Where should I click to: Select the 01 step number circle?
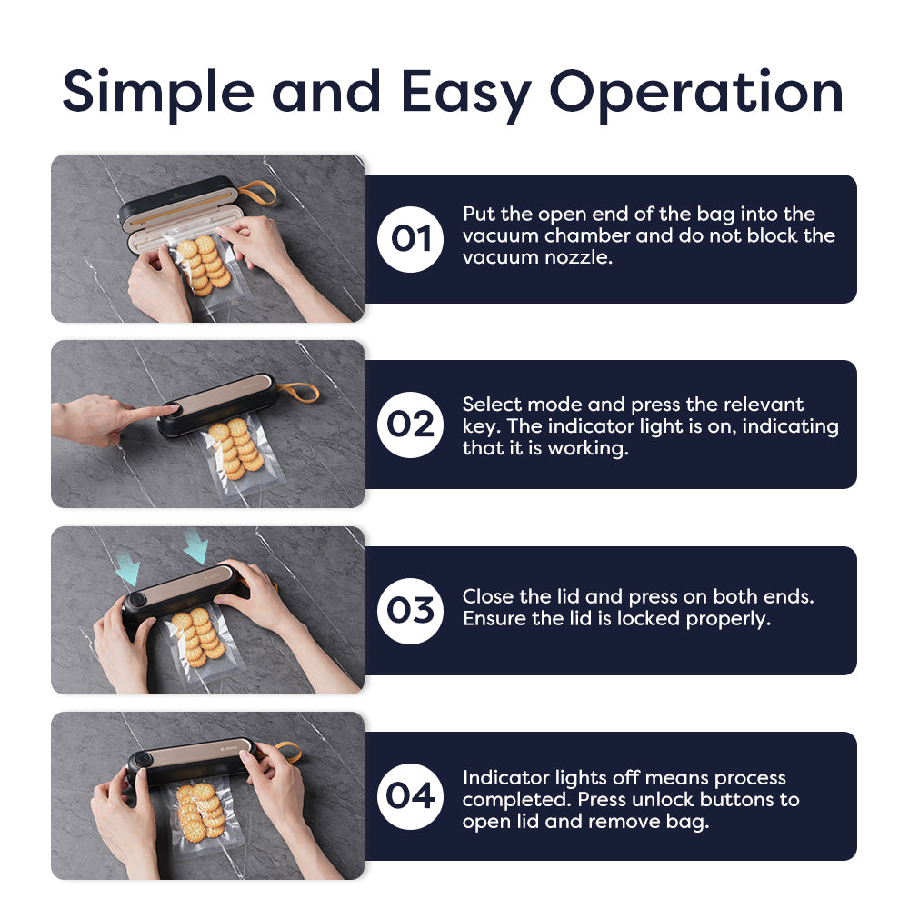[410, 239]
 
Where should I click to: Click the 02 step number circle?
[410, 425]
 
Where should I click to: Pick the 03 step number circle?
[410, 611]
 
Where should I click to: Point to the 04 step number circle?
[410, 796]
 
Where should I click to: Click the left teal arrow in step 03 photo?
[127, 567]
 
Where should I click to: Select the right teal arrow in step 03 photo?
[195, 546]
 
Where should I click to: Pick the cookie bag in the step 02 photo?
[236, 452]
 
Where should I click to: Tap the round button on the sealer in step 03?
[137, 599]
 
